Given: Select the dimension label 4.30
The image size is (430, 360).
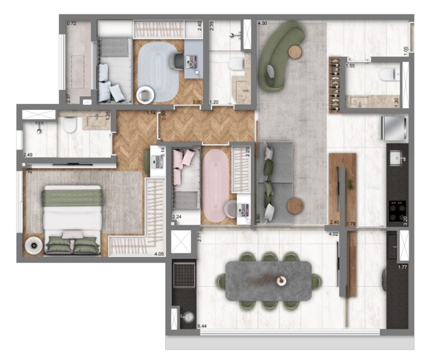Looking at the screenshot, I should (x=261, y=24).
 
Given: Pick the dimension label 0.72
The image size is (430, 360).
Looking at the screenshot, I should (x=71, y=24).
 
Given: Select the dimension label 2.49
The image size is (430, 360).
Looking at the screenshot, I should (x=28, y=155).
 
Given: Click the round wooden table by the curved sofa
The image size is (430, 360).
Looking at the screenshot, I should (x=295, y=52).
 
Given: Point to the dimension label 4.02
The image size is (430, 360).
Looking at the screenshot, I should (x=334, y=234).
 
